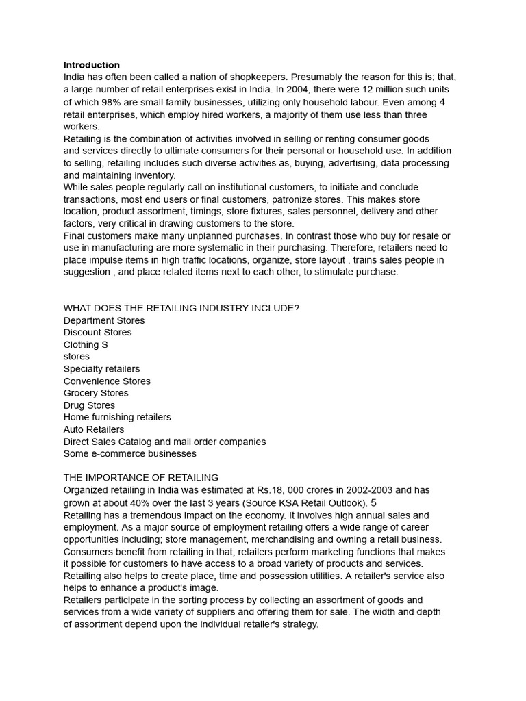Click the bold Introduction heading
(92, 65)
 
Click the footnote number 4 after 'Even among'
(442, 102)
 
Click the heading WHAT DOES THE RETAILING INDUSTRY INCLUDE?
(181, 308)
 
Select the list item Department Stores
(104, 320)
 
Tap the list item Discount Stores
(98, 332)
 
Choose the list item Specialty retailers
(101, 369)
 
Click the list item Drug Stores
(90, 405)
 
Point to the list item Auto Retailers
(94, 429)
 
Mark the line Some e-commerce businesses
(130, 453)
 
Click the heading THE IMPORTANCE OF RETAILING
(141, 477)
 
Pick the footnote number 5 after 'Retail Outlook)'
(373, 502)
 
